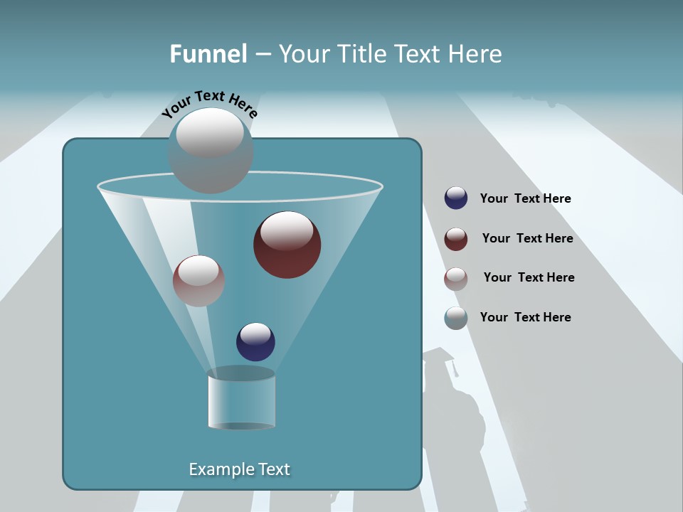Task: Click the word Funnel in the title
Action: (208, 54)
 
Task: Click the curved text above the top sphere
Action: (209, 104)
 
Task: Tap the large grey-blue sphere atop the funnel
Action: (210, 151)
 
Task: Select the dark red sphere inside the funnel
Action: (287, 245)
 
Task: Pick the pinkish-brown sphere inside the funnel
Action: (198, 281)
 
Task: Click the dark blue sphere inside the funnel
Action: (255, 342)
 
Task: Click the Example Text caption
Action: (239, 469)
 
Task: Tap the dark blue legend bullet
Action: (456, 198)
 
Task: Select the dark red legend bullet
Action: (456, 239)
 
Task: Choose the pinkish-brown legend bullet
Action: (456, 279)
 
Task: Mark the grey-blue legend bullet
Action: (456, 318)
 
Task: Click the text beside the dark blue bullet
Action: (525, 199)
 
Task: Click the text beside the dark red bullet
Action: (527, 239)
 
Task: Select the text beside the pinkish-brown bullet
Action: (529, 278)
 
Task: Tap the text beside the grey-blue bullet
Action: (525, 318)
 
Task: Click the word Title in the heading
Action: (361, 54)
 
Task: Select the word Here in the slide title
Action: (475, 54)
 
